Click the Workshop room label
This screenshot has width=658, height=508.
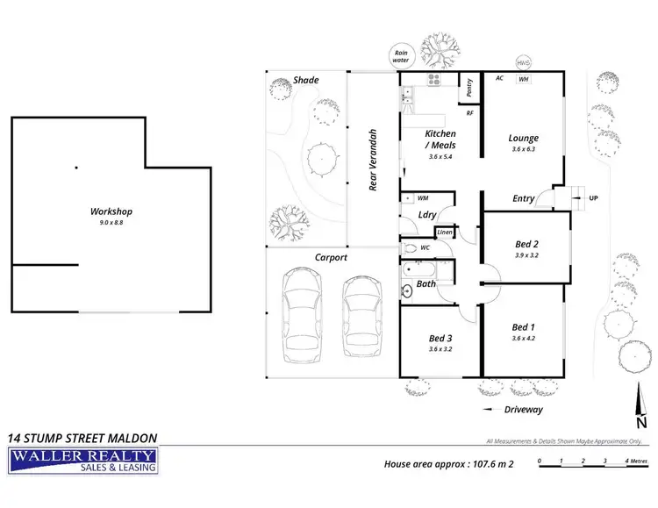point(111,211)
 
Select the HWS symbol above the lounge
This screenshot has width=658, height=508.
point(524,62)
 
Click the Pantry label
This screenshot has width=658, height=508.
point(470,87)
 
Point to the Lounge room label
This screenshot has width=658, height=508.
point(523,138)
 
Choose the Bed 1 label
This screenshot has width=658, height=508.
point(524,328)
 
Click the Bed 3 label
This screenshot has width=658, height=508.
point(440,338)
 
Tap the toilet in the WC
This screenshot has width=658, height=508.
point(409,248)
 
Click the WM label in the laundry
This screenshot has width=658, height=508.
point(423,198)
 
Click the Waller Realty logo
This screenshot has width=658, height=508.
point(82,460)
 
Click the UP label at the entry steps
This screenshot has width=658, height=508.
point(594,197)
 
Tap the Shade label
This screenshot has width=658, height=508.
point(305,80)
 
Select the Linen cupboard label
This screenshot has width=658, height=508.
point(445,233)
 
